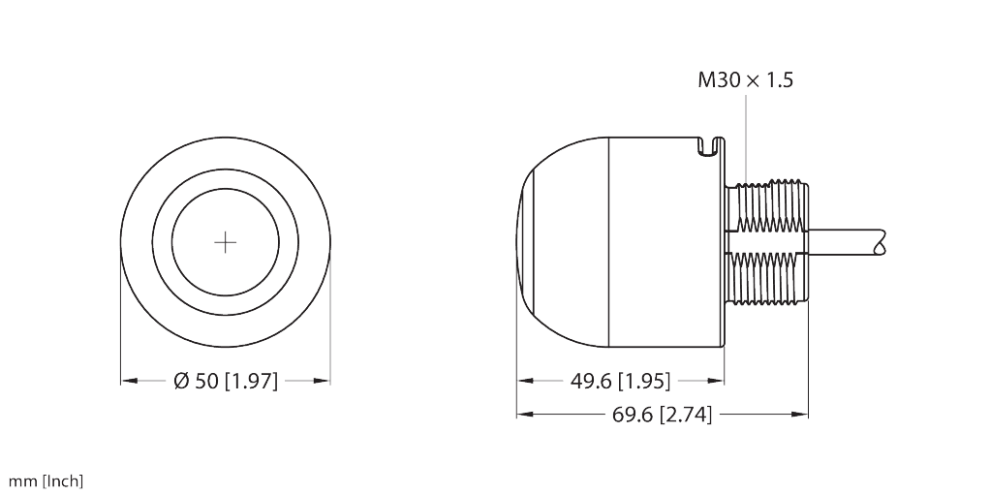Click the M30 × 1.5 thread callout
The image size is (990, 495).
(x=745, y=81)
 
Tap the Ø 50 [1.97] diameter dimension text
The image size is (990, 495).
(x=226, y=382)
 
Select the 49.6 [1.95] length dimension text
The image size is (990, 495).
(x=620, y=382)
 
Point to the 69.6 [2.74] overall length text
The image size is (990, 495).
(x=663, y=416)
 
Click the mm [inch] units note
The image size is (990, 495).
(x=46, y=481)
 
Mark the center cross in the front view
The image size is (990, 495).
(x=226, y=242)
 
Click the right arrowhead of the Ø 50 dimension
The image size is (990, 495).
(x=325, y=382)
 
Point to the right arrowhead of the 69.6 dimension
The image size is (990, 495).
(x=802, y=415)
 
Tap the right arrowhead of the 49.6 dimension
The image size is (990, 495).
(x=718, y=382)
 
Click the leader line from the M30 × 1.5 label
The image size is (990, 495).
(x=747, y=136)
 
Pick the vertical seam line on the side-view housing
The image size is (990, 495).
(x=608, y=242)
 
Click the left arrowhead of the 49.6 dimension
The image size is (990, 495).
(x=524, y=382)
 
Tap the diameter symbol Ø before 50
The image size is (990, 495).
(x=180, y=382)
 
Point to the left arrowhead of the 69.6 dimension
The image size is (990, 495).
(x=524, y=415)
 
